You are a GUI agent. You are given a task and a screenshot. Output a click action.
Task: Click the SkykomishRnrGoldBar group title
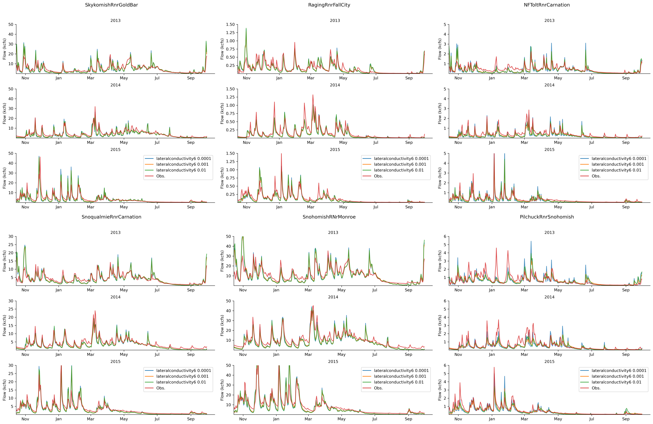[x=111, y=5]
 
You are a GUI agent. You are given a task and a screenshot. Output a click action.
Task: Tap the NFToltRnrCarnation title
[x=547, y=5]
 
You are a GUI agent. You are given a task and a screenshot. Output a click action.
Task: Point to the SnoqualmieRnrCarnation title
[x=111, y=217]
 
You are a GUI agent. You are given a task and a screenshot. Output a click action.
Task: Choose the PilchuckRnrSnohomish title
[x=547, y=217]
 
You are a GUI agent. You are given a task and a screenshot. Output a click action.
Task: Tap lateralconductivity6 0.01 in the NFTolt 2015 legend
[x=616, y=170]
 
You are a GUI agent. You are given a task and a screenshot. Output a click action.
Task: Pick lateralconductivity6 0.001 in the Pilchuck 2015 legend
[x=617, y=376]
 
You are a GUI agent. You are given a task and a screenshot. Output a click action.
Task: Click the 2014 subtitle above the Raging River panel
[x=335, y=85]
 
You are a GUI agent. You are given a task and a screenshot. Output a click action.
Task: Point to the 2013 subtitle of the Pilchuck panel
[x=549, y=233]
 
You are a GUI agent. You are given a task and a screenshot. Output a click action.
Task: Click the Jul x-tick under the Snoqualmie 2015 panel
[x=157, y=419]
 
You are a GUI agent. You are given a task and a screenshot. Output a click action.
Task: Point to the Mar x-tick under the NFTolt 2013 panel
[x=524, y=78]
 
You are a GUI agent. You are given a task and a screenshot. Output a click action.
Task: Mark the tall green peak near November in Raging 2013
[x=246, y=28]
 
